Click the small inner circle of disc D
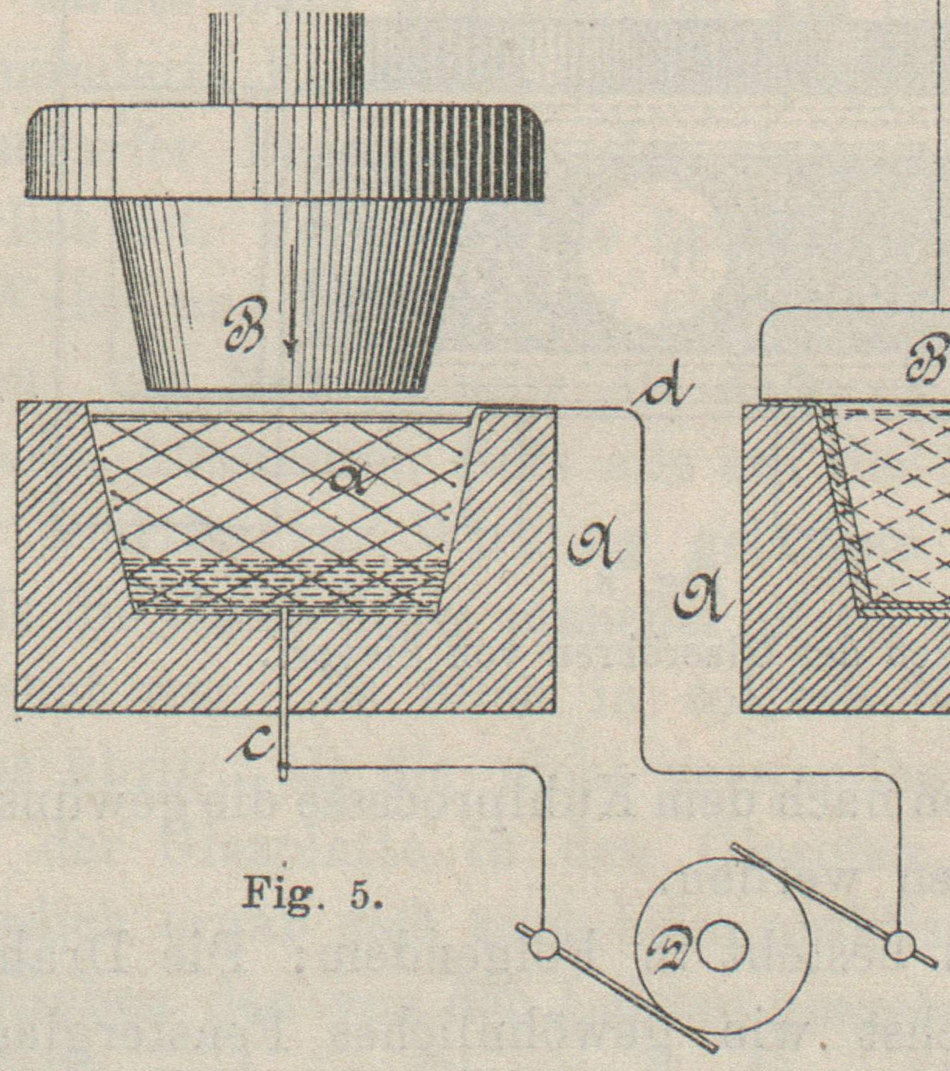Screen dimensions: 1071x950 [x=723, y=946]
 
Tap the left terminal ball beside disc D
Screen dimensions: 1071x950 [x=543, y=945]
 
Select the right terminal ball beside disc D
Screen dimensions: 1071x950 [x=900, y=946]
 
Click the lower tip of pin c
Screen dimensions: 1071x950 [x=285, y=774]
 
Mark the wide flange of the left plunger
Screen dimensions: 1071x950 [x=285, y=151]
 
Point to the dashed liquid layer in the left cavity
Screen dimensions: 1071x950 [x=285, y=584]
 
